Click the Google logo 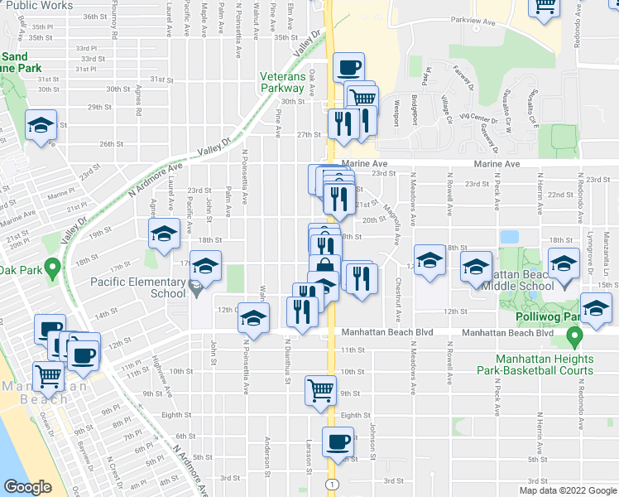[x=28, y=488]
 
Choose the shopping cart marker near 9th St [x=320, y=389]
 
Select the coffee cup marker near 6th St [x=338, y=442]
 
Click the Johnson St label [x=374, y=437]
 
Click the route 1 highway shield [x=331, y=483]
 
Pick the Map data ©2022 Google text [x=567, y=490]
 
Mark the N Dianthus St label [x=288, y=360]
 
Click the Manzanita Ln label [x=605, y=258]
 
